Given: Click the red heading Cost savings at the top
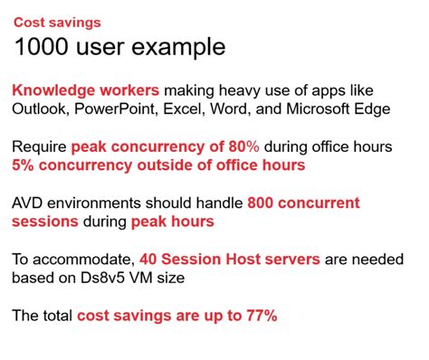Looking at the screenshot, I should [57, 22].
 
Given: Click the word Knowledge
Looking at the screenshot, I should [56, 91].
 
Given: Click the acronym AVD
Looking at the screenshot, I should [30, 203].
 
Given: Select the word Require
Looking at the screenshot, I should [39, 147].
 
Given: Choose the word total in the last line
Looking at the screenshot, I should [57, 316].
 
